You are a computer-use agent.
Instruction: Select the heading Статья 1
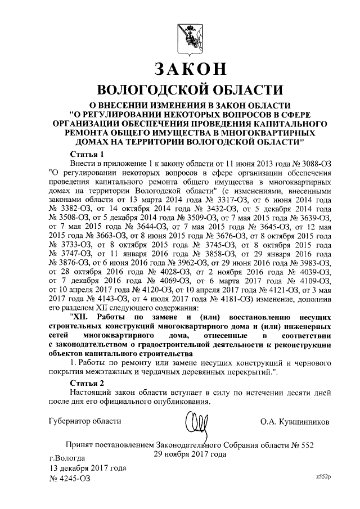point(87,154)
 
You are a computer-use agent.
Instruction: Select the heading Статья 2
point(87,382)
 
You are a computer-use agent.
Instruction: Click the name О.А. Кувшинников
point(295,421)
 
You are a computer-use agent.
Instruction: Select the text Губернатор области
point(85,421)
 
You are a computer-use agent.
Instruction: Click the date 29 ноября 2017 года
point(190,454)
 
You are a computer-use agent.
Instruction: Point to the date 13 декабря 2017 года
point(88,467)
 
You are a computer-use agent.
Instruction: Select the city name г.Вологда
point(67,457)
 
